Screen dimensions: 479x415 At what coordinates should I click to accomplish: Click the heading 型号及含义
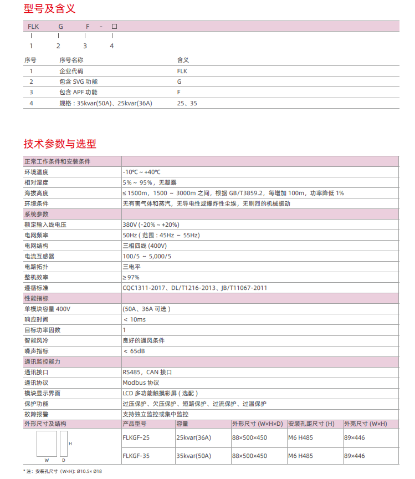(x=49, y=9)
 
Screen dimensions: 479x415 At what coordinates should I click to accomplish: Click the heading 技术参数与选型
(x=60, y=144)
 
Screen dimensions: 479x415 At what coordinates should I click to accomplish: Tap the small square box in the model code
(x=115, y=26)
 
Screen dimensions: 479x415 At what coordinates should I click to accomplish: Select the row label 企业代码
(x=71, y=71)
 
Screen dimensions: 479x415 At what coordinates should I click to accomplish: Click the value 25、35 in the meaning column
(x=187, y=103)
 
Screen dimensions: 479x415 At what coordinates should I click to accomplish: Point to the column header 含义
(x=183, y=60)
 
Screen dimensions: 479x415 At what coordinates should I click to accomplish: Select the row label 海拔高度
(x=36, y=193)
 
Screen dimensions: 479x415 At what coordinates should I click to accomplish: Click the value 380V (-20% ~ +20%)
(x=151, y=225)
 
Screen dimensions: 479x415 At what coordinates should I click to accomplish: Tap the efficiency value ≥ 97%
(x=131, y=277)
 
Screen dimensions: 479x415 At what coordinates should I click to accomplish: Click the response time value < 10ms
(x=135, y=319)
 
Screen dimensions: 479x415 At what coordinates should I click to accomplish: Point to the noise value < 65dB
(x=135, y=351)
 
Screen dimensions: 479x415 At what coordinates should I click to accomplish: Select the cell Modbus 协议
(x=141, y=383)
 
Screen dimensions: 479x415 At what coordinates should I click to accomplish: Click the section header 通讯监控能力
(x=42, y=361)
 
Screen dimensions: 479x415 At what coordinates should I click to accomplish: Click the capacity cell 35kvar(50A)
(x=193, y=456)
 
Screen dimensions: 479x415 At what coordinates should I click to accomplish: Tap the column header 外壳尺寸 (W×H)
(x=365, y=424)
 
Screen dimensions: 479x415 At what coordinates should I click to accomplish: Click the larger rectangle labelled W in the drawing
(x=47, y=443)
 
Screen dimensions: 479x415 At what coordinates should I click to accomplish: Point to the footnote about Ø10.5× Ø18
(x=63, y=471)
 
